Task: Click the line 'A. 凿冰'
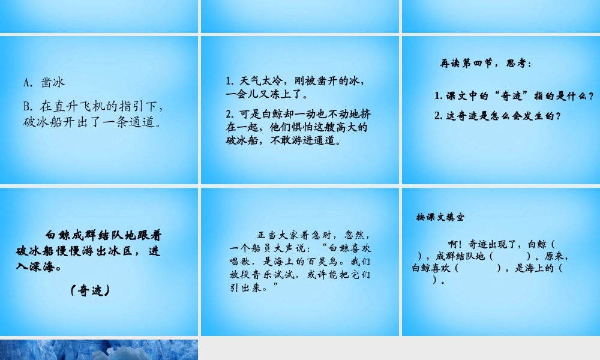(44, 82)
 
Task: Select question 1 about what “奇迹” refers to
(514, 96)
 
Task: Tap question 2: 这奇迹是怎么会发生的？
(498, 116)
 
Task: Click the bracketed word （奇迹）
(89, 290)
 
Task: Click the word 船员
(265, 247)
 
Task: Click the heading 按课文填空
(440, 217)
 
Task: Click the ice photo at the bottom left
(99, 349)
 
